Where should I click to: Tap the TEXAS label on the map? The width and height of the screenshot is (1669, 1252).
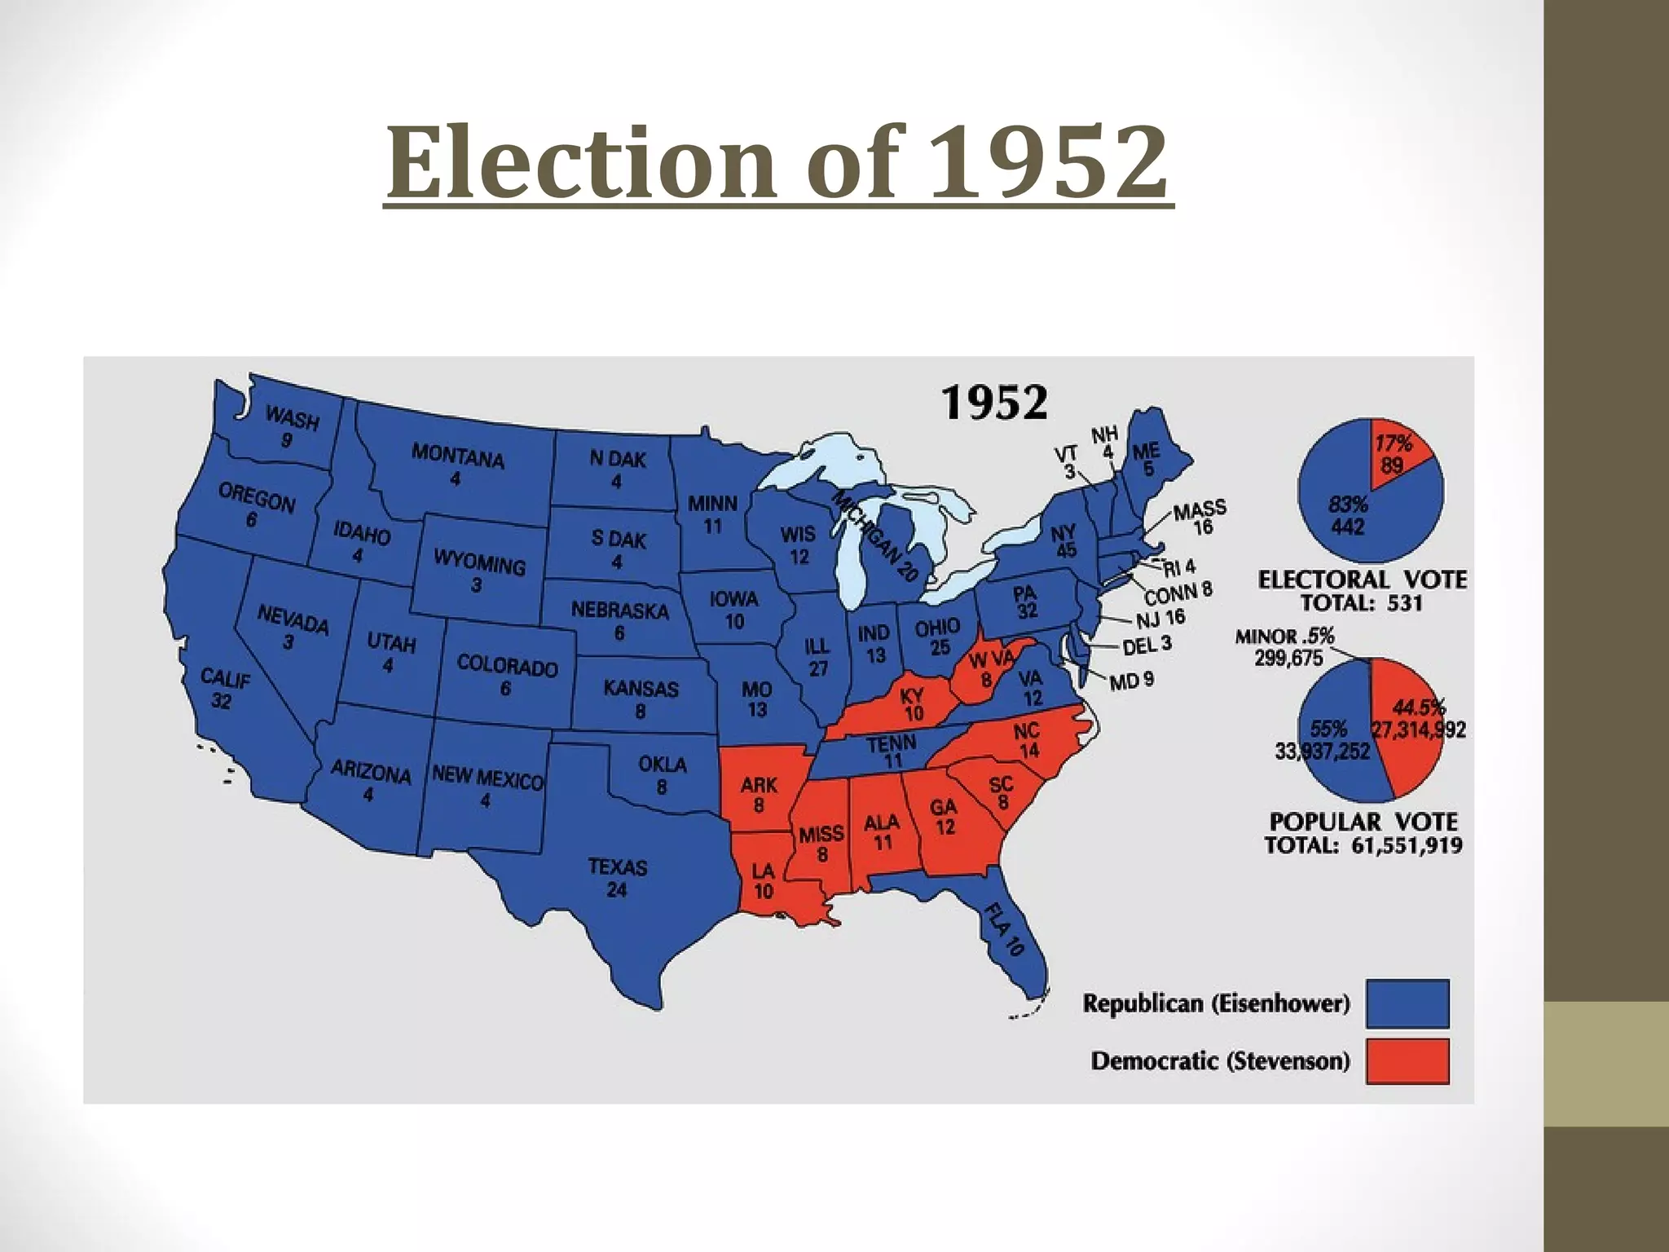pos(617,867)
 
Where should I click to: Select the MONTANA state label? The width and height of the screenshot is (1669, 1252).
pos(457,456)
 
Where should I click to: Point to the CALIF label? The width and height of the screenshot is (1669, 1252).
pos(226,679)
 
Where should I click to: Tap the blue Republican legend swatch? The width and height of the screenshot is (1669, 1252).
pos(1407,1003)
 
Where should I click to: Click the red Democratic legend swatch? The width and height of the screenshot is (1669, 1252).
pos(1407,1060)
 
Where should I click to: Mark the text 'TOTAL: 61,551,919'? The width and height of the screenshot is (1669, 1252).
pos(1363,845)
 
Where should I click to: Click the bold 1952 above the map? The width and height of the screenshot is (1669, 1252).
pos(994,403)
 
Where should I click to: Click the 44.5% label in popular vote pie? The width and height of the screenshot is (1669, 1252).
pos(1419,708)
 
